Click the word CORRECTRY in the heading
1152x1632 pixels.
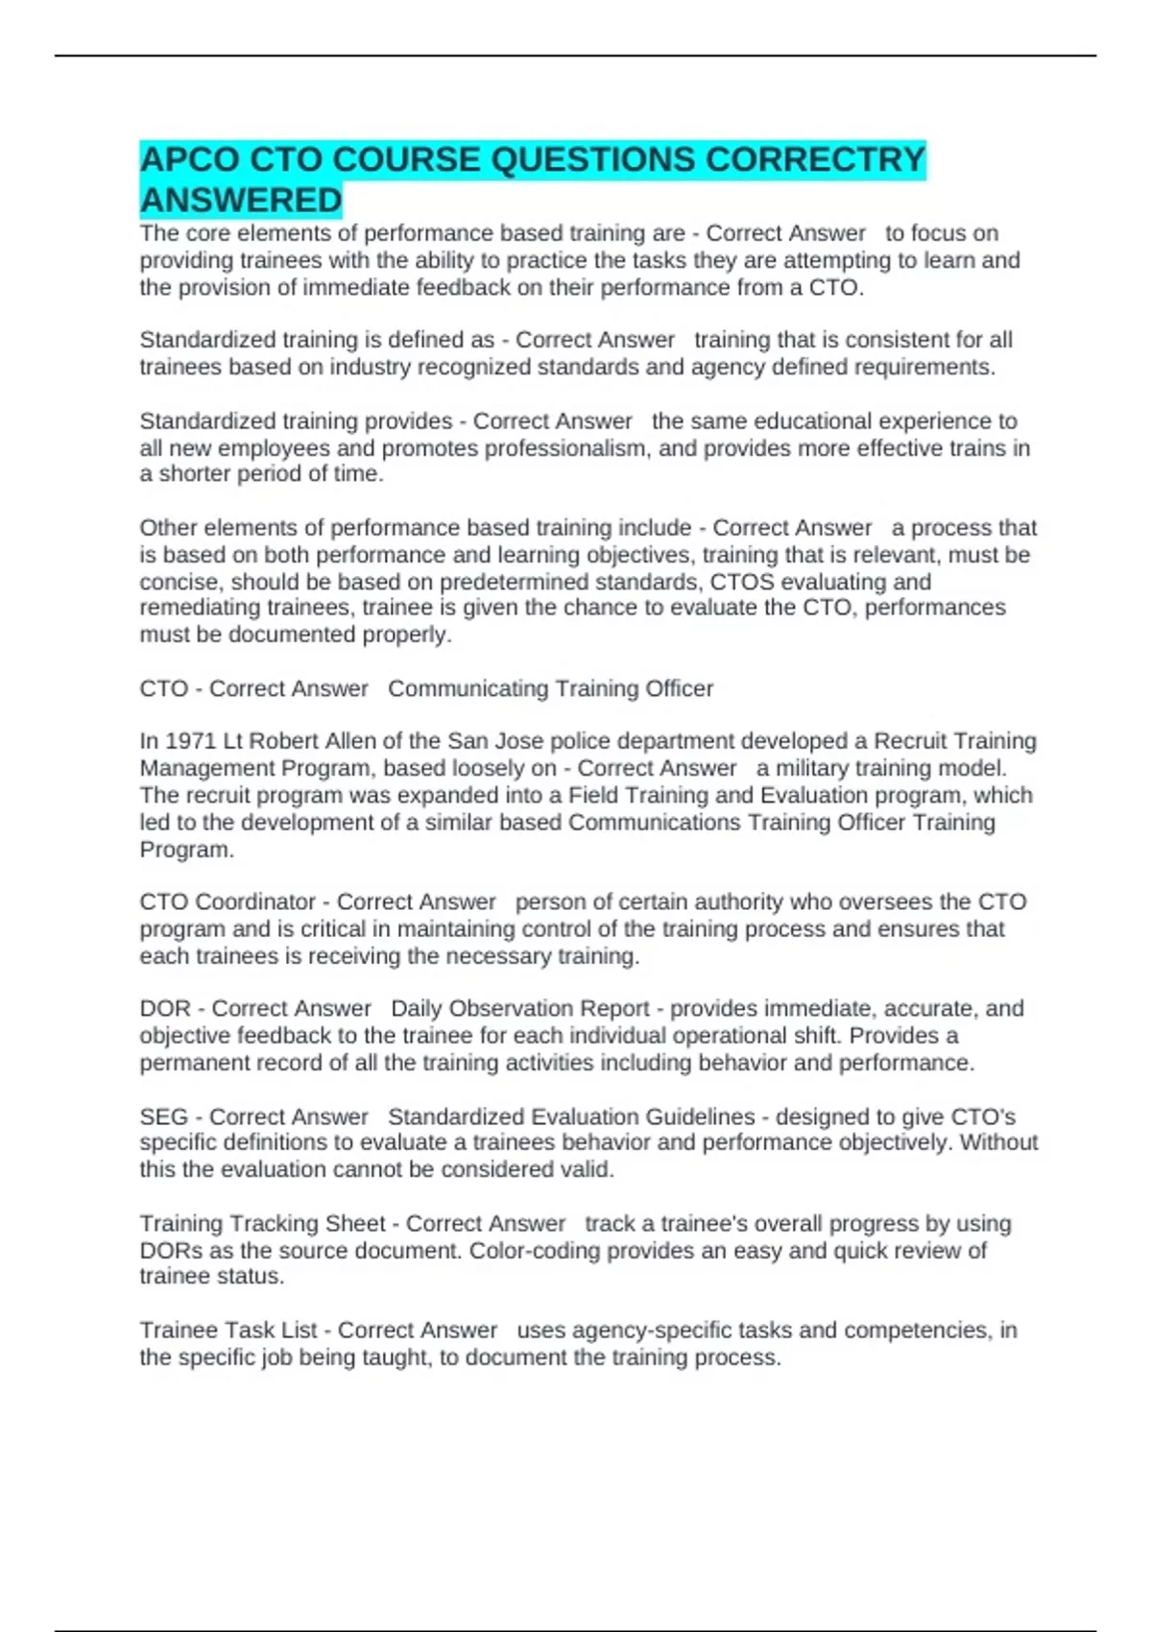coord(815,159)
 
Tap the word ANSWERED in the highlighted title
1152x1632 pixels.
coord(241,201)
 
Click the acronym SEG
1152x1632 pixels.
coord(164,1116)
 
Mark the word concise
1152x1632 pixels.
coord(179,582)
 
